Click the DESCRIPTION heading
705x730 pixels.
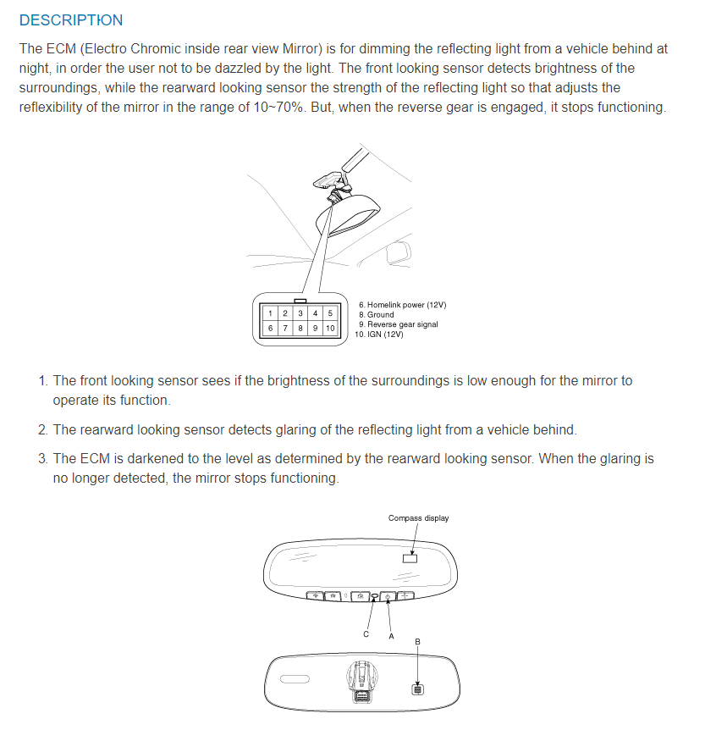(70, 20)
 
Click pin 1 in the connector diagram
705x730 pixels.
(270, 313)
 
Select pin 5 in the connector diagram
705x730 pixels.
(330, 313)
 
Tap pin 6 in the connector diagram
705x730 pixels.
(270, 328)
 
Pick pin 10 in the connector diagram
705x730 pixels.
(330, 328)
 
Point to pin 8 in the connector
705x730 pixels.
(300, 328)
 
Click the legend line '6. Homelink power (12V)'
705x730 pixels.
(402, 305)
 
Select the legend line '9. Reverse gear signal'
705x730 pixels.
(398, 324)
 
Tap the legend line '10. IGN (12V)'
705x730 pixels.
(381, 334)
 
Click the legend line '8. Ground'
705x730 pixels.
(376, 314)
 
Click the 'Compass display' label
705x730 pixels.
(418, 518)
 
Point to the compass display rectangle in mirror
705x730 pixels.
(410, 558)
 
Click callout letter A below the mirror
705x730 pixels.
(391, 636)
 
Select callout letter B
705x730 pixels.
(417, 642)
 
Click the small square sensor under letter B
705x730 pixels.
(417, 689)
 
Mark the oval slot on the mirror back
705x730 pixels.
(296, 679)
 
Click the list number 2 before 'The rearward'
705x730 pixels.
(42, 430)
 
